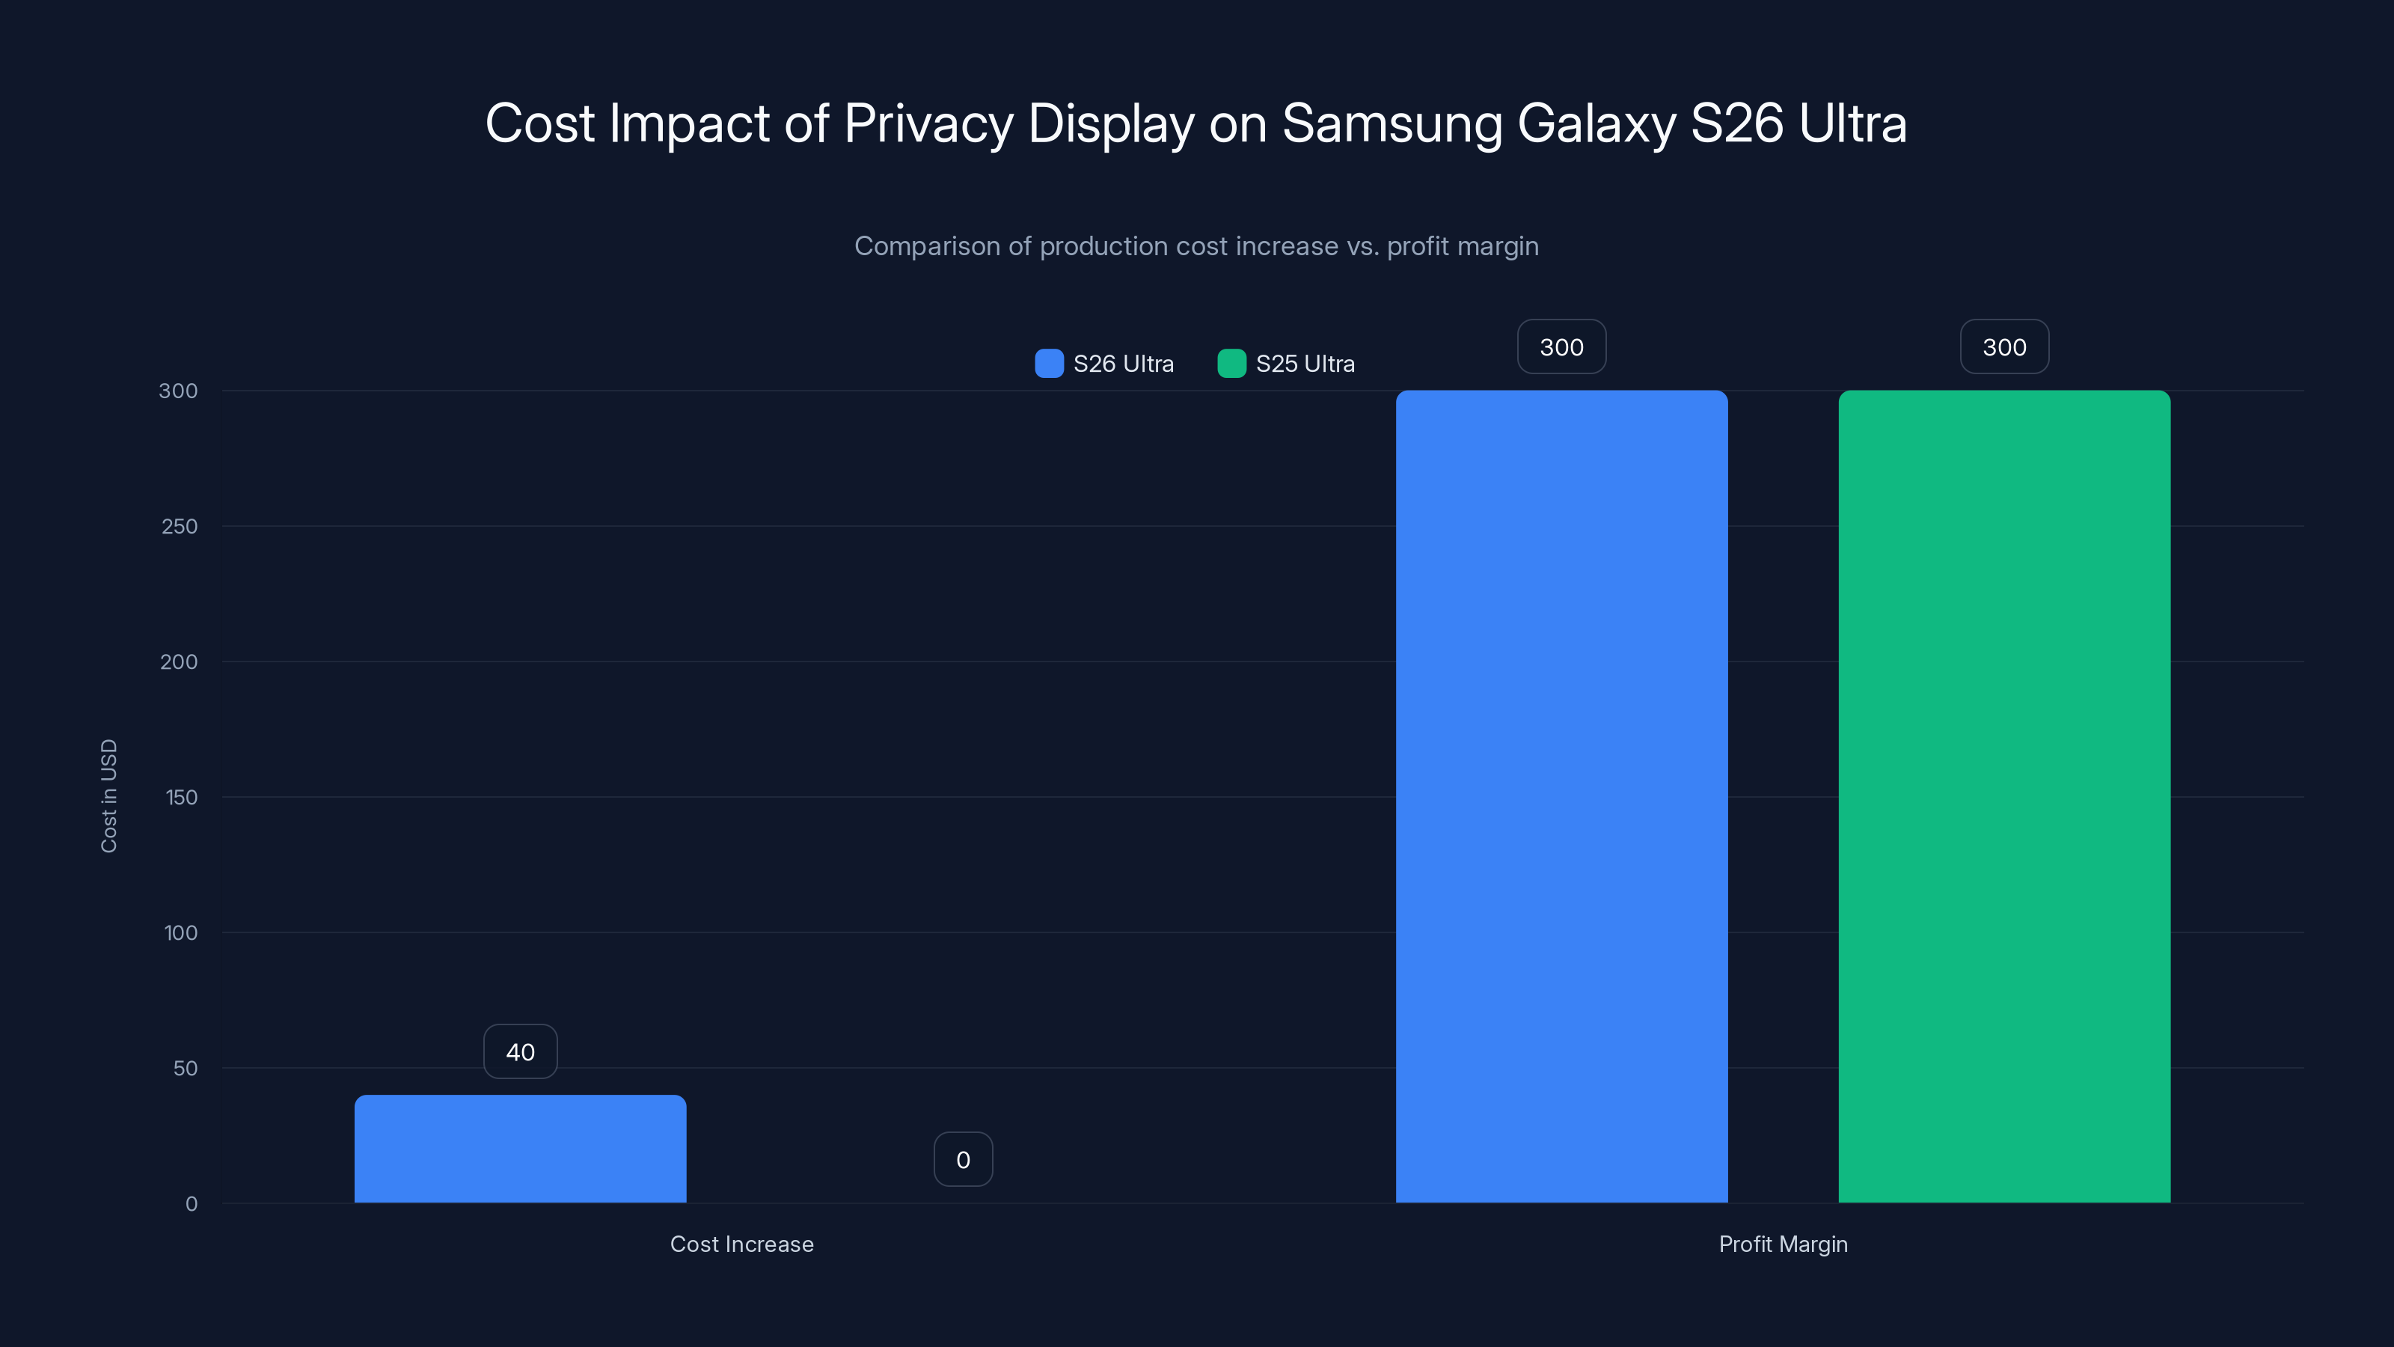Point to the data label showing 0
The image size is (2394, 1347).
(x=963, y=1159)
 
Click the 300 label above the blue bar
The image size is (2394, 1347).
(x=1561, y=346)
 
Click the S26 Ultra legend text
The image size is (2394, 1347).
(x=1123, y=364)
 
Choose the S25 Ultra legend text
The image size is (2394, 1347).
(x=1305, y=364)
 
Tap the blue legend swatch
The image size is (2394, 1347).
(x=1049, y=364)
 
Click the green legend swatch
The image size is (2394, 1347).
(x=1231, y=364)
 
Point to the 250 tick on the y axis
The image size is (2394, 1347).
(x=180, y=526)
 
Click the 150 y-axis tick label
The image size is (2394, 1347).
(x=181, y=797)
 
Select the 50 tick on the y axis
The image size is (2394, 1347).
(x=185, y=1068)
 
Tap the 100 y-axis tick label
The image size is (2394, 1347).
(x=181, y=932)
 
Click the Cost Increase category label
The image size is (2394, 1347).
(x=741, y=1244)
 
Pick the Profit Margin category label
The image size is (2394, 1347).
(x=1783, y=1244)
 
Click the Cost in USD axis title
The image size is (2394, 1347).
(x=108, y=795)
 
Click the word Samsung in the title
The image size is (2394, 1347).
(x=1392, y=123)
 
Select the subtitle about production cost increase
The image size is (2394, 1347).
(x=1196, y=246)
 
